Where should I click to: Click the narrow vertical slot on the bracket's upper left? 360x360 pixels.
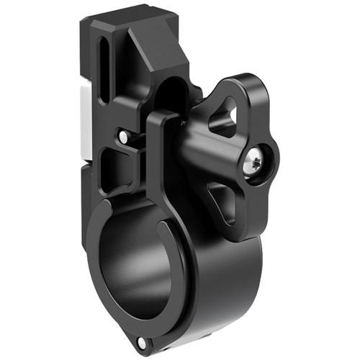click(105, 66)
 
